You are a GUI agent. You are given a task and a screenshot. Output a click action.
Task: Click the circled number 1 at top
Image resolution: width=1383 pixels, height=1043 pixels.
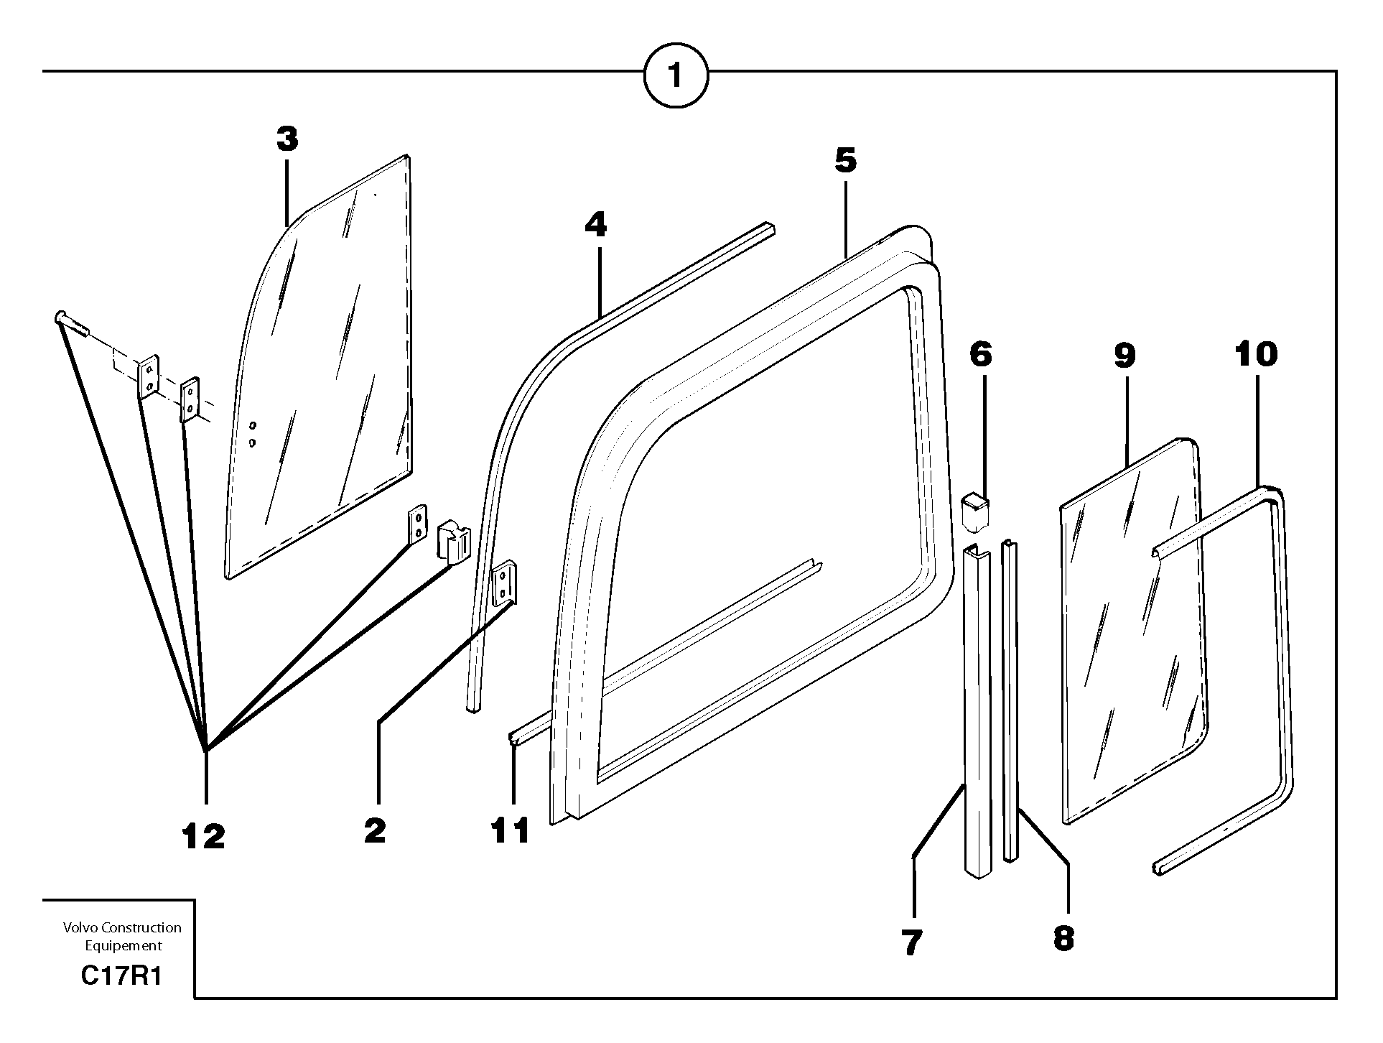676,75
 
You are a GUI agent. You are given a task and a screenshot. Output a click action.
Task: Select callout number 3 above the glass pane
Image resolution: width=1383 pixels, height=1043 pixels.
287,139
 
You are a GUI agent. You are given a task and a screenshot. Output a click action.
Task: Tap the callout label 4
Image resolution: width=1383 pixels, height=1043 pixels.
595,226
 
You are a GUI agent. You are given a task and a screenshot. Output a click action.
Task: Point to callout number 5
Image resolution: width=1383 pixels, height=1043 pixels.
846,161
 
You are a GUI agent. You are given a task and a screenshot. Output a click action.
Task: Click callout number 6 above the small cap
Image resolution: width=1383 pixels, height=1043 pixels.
981,355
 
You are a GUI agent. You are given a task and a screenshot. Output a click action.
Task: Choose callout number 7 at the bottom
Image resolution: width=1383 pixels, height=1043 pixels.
911,942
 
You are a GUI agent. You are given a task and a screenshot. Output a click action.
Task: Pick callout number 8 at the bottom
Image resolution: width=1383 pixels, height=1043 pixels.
1063,938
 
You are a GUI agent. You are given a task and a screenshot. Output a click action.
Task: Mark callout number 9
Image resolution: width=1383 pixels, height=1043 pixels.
1124,355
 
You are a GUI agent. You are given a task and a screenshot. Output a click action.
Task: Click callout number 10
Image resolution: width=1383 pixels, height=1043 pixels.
1257,355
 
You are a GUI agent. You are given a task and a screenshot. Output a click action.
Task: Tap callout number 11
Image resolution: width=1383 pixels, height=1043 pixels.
511,831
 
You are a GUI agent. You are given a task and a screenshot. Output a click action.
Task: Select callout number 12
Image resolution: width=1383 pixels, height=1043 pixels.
203,836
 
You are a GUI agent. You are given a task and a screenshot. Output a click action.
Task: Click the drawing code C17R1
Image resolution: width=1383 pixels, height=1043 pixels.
121,977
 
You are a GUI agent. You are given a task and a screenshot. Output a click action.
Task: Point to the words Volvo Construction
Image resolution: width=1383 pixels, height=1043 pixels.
122,928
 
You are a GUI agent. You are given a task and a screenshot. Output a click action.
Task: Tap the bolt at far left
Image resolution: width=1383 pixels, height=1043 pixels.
72,324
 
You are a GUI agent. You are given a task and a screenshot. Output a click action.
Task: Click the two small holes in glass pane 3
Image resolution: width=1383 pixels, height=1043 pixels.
252,435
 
